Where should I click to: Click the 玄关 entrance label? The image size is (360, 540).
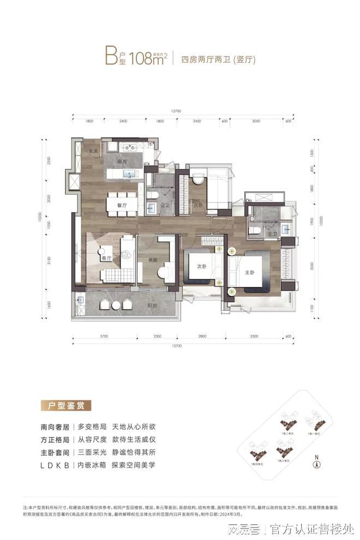(93, 151)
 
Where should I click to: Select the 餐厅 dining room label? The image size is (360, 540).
(122, 205)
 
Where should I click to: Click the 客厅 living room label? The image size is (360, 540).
(106, 258)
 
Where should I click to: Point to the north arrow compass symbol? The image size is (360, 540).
(315, 464)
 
